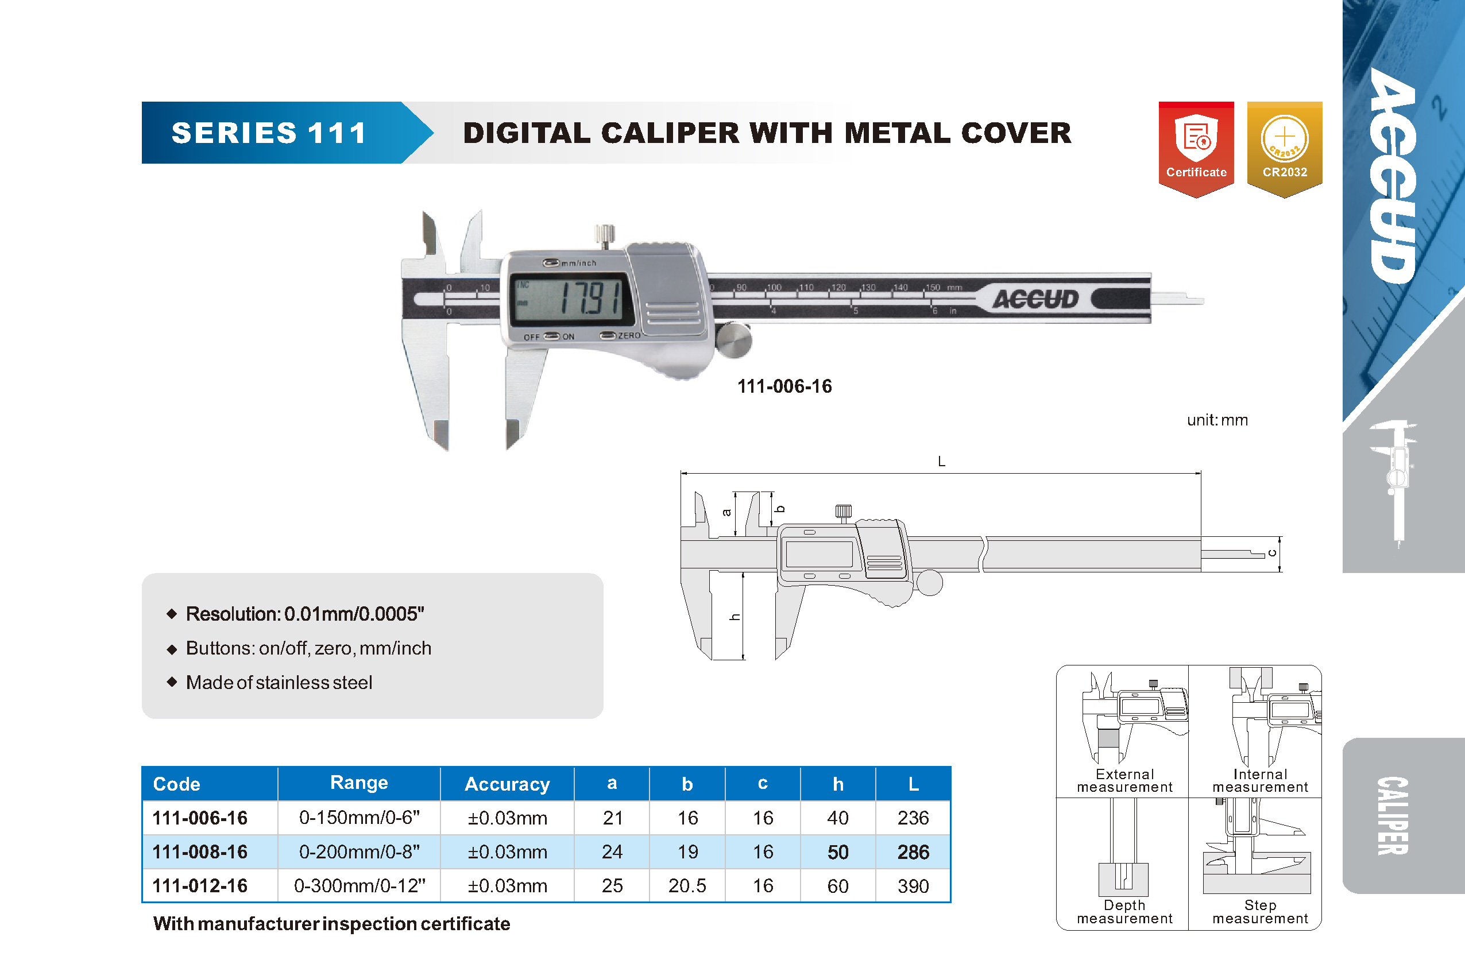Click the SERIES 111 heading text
pyautogui.click(x=269, y=133)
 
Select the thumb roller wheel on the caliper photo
pyautogui.click(x=733, y=339)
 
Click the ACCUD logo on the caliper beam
pyautogui.click(x=1036, y=299)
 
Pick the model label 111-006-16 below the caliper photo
pyautogui.click(x=784, y=386)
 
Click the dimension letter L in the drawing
pyautogui.click(x=941, y=461)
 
